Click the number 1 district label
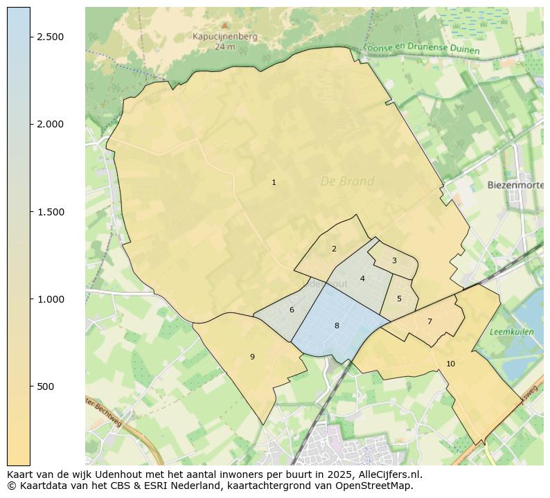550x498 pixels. point(274,183)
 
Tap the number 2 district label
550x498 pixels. point(334,249)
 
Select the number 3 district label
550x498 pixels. point(394,261)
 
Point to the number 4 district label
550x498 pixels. point(362,279)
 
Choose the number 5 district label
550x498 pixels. point(399,299)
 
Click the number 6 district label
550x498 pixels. point(292,310)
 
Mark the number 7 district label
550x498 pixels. point(429,321)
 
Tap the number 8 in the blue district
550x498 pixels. point(337,326)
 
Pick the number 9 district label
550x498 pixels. point(252,357)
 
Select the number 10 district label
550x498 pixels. point(450,364)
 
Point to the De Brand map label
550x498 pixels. point(347,181)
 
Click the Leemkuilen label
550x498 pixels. point(511,332)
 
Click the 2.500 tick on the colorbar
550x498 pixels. point(51,37)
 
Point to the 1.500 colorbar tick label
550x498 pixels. point(51,212)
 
